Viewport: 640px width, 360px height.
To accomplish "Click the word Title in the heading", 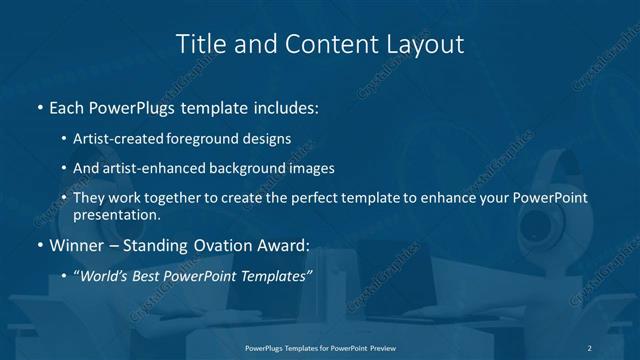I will (x=200, y=44).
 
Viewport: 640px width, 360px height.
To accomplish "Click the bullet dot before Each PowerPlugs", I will (x=39, y=106).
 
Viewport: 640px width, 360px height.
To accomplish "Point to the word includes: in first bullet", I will (x=287, y=106).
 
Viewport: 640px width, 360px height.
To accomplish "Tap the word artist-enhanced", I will (x=152, y=168).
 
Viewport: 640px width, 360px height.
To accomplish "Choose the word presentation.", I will (x=116, y=214).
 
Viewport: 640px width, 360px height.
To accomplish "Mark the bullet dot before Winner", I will (x=39, y=245).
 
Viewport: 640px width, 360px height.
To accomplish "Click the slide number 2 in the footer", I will (x=590, y=347).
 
